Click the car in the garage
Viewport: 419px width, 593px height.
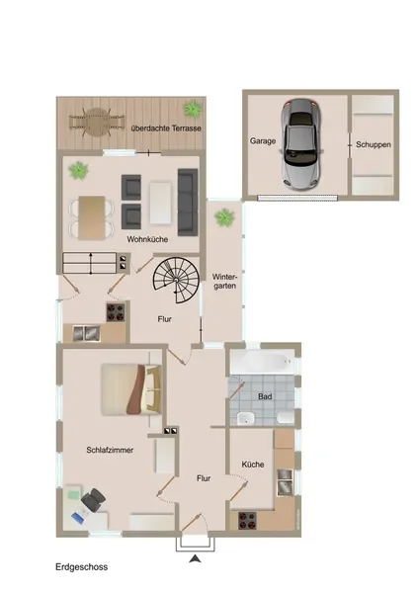(300, 143)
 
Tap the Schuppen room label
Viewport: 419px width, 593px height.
(373, 144)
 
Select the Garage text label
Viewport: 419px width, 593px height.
(263, 141)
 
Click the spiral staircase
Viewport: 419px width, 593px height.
(176, 280)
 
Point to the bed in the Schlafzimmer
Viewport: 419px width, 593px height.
(130, 389)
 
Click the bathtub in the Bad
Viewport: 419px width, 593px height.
(262, 362)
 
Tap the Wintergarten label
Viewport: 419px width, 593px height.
(224, 282)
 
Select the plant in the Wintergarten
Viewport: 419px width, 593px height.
(224, 217)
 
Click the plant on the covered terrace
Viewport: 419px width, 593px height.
(193, 109)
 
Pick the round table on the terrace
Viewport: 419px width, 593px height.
(97, 123)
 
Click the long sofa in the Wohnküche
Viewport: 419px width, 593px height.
(188, 203)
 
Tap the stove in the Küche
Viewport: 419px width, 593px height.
(247, 521)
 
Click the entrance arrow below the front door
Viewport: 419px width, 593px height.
(195, 558)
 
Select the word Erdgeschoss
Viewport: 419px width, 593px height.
(82, 567)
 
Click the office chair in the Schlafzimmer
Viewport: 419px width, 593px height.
(93, 499)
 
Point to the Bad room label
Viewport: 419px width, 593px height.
(265, 396)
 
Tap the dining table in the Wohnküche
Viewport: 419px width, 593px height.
(92, 217)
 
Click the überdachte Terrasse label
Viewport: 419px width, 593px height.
(166, 128)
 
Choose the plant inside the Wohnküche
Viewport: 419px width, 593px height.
(79, 170)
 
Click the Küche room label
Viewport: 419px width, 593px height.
(253, 465)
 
